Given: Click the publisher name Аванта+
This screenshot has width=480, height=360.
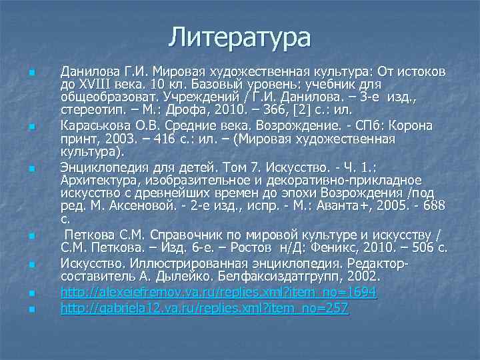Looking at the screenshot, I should click(x=308, y=205).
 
